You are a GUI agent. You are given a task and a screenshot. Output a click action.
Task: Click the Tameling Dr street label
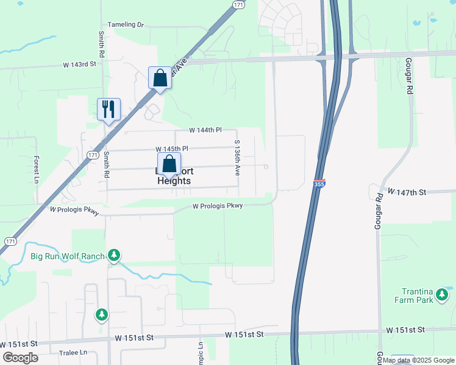coord(126,25)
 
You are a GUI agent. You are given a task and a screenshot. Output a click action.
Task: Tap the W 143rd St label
coord(79,64)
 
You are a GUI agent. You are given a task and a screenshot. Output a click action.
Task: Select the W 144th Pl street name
coord(204,131)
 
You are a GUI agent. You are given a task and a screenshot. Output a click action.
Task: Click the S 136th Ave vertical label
coord(237,157)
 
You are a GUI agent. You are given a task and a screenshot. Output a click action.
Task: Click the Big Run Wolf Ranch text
coord(68,256)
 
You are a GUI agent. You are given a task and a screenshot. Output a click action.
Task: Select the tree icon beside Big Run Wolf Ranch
coord(114,255)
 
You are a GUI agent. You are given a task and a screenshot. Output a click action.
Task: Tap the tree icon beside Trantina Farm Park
coord(443,296)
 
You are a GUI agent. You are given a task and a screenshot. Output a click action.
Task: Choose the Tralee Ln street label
coord(73,353)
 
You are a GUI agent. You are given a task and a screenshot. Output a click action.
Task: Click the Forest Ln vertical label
coord(37,170)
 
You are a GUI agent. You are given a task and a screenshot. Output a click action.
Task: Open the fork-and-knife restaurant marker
coord(109,109)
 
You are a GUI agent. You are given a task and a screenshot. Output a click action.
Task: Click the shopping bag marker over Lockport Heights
coord(169,164)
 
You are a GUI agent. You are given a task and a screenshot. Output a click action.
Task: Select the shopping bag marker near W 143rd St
coord(160,78)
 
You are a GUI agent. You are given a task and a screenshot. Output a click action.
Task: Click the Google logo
coord(21,358)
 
